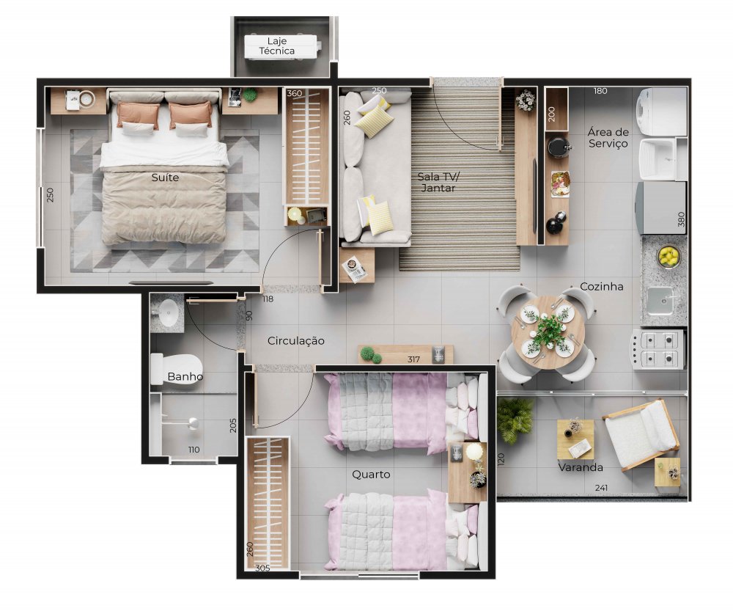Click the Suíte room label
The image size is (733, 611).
click(x=165, y=178)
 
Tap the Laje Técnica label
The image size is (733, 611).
click(x=277, y=46)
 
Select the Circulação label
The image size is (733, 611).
click(x=296, y=341)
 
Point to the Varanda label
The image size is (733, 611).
click(x=581, y=467)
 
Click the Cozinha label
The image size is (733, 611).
click(x=602, y=286)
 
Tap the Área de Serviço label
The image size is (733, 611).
click(x=608, y=138)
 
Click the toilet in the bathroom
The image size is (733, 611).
click(x=176, y=369)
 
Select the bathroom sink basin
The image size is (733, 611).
click(x=168, y=312)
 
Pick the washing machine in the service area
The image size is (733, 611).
click(x=661, y=112)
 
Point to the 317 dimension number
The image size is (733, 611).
click(x=413, y=359)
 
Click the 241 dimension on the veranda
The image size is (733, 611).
click(x=601, y=488)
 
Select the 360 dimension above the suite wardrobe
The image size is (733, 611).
click(x=294, y=93)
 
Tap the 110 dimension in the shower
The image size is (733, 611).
click(x=194, y=450)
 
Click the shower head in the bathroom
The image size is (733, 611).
click(x=192, y=424)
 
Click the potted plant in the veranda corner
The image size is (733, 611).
click(x=515, y=420)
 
